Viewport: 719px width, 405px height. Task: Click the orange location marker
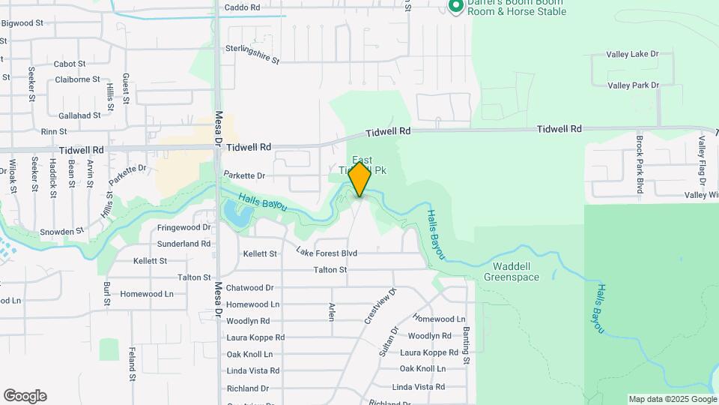pos(360,179)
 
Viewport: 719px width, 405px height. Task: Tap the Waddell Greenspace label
pos(511,271)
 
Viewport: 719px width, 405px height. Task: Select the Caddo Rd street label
pos(242,7)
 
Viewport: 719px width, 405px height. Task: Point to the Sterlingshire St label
pos(252,54)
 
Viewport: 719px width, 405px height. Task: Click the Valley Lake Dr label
pos(633,54)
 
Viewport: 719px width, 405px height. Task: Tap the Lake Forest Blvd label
pos(326,253)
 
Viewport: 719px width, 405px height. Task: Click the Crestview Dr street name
pos(380,305)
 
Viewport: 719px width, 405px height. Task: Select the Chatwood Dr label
pos(250,288)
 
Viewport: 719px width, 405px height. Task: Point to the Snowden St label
pos(61,232)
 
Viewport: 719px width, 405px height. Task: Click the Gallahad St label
pos(79,115)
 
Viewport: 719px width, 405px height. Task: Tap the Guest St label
pos(126,88)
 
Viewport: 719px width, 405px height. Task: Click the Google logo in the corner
pos(25,396)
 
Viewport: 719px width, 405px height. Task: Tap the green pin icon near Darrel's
pos(455,7)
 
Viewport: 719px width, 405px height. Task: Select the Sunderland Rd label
pos(183,244)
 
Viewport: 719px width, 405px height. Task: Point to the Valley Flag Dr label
pos(703,161)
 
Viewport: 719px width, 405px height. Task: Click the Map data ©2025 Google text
pos(673,399)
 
